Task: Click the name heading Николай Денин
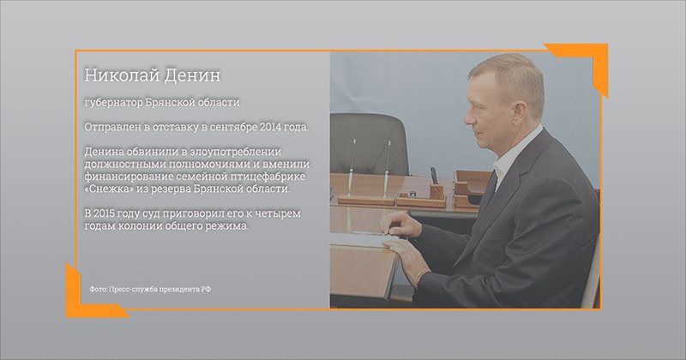click(x=153, y=75)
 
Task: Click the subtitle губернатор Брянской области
click(x=162, y=102)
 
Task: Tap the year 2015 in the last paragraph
click(x=105, y=213)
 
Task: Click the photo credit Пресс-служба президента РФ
click(x=159, y=289)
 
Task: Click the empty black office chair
click(x=369, y=144)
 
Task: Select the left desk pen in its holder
click(x=352, y=168)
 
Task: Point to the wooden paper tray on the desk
click(x=469, y=188)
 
